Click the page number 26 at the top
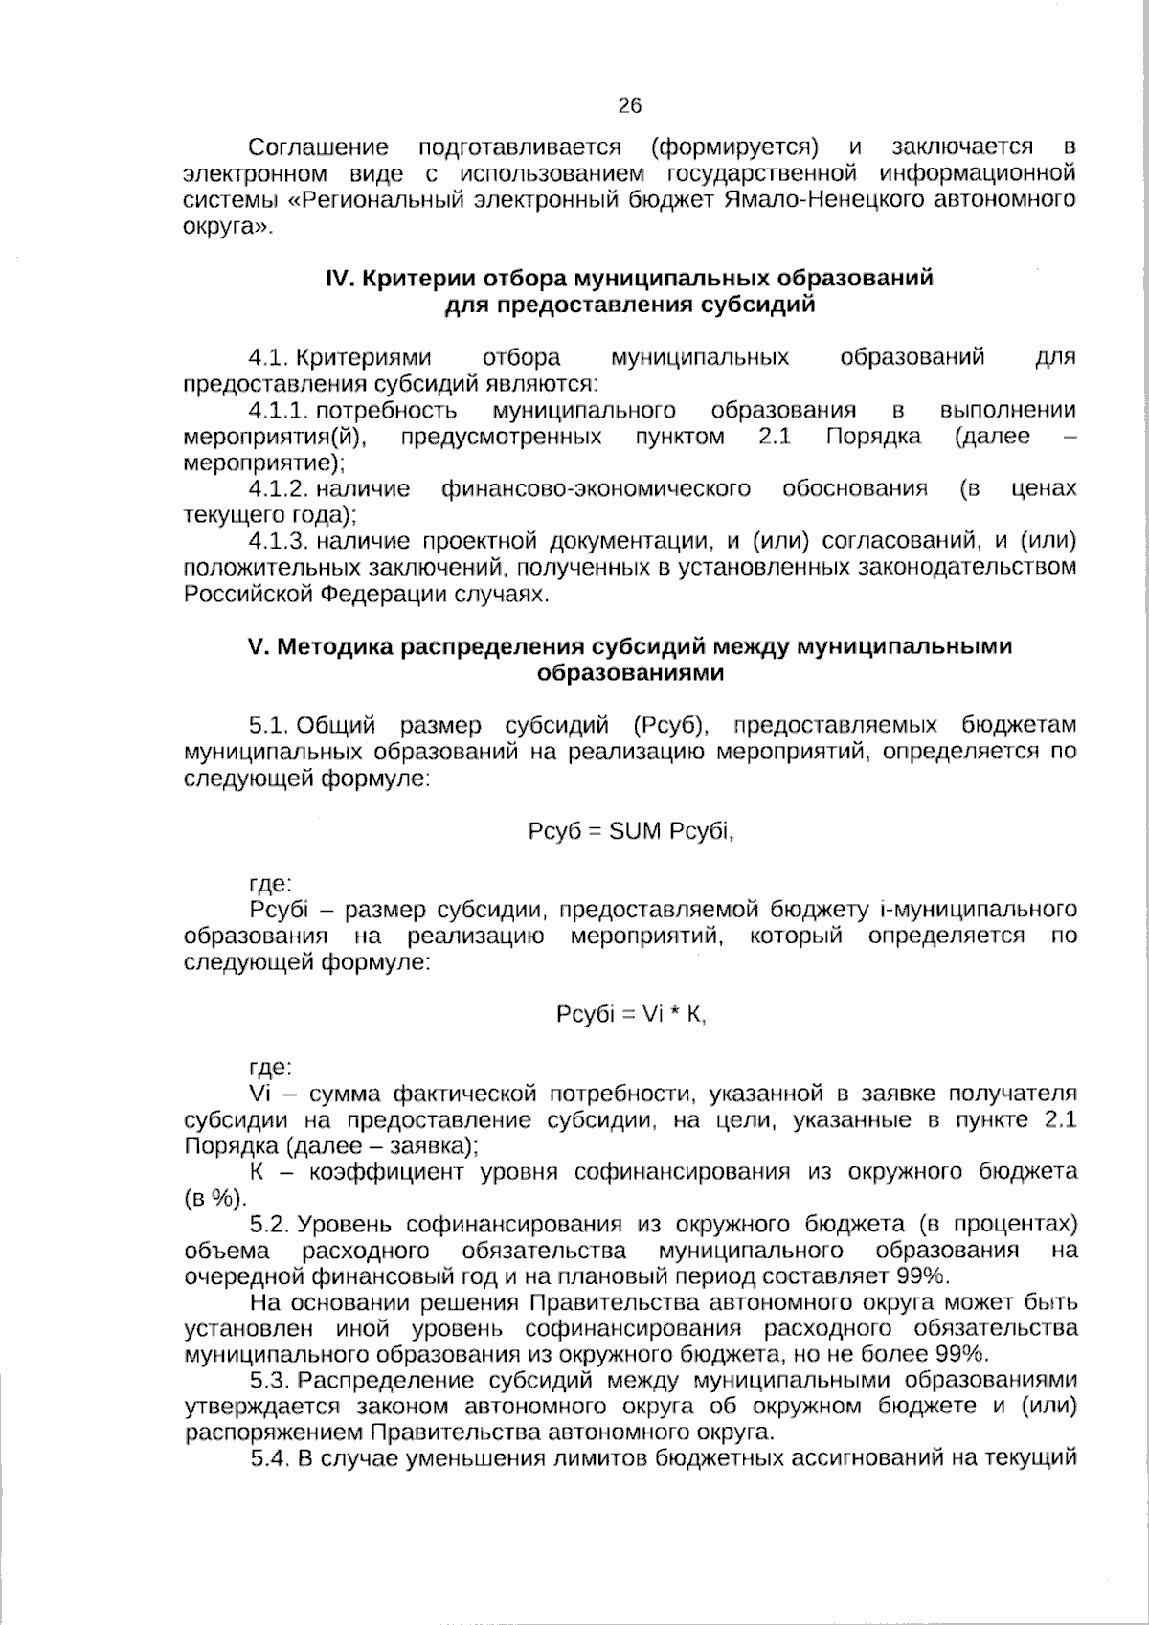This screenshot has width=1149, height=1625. click(x=629, y=105)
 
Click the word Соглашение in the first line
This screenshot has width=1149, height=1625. click(x=318, y=147)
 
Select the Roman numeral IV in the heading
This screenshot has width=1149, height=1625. click(x=341, y=279)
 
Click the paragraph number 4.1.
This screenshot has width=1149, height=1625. click(x=268, y=358)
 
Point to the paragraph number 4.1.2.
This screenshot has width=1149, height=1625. click(x=278, y=489)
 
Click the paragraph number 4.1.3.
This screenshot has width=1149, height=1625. click(x=278, y=542)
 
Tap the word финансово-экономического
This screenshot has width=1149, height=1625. click(x=596, y=489)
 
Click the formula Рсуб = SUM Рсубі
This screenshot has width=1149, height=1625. click(x=631, y=831)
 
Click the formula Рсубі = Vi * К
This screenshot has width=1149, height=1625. click(x=631, y=1015)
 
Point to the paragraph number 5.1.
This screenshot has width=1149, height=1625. click(x=268, y=726)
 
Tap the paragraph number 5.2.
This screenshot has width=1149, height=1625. click(x=269, y=1224)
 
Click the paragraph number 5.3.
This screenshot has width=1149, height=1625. click(x=269, y=1380)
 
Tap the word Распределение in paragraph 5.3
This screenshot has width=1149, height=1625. click(x=387, y=1380)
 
